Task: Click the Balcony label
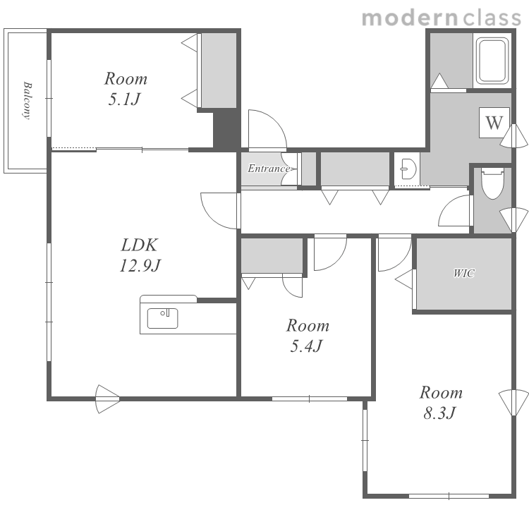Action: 28,100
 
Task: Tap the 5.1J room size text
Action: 124,99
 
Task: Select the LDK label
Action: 140,245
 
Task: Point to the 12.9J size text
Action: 140,265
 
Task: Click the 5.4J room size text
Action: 307,346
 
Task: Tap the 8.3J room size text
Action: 440,413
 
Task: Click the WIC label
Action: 464,273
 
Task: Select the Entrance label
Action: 269,168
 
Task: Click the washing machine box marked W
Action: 494,123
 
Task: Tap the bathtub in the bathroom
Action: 492,61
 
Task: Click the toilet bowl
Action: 492,183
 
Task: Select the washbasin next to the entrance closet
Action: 408,169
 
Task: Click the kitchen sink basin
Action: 163,318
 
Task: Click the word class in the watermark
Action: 492,18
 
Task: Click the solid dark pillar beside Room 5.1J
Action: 225,129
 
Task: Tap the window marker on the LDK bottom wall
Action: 107,399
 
